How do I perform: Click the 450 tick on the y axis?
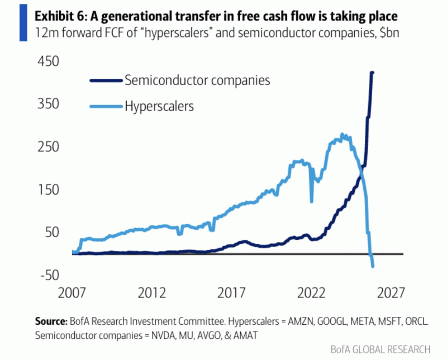48,61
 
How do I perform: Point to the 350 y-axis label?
48,103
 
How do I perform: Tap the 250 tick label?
48,146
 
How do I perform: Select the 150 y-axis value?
48,190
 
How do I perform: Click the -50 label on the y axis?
50,275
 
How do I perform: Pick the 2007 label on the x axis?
72,293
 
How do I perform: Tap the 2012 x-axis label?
151,293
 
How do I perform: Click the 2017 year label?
231,293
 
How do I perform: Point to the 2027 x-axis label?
391,293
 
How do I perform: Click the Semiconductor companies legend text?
197,80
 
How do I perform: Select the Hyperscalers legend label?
159,106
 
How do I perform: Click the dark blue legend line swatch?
106,80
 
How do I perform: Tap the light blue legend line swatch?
106,107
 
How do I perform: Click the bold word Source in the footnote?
50,321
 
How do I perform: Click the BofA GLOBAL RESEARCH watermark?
381,349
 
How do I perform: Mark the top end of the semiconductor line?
373,73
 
